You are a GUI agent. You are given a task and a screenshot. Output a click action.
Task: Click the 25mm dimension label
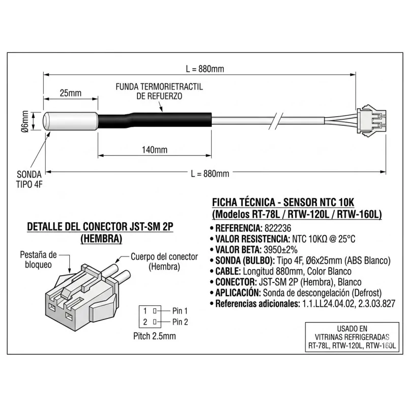[x=70, y=93]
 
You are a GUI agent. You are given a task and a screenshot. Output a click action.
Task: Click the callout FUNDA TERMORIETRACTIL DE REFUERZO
[x=159, y=92]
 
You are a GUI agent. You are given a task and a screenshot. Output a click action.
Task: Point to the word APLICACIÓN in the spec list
[x=237, y=293]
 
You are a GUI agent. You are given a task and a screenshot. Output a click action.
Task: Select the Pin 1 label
[x=180, y=310]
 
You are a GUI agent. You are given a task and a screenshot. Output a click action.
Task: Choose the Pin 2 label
[x=180, y=322]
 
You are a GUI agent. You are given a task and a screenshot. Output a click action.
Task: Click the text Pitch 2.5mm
[x=154, y=336]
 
